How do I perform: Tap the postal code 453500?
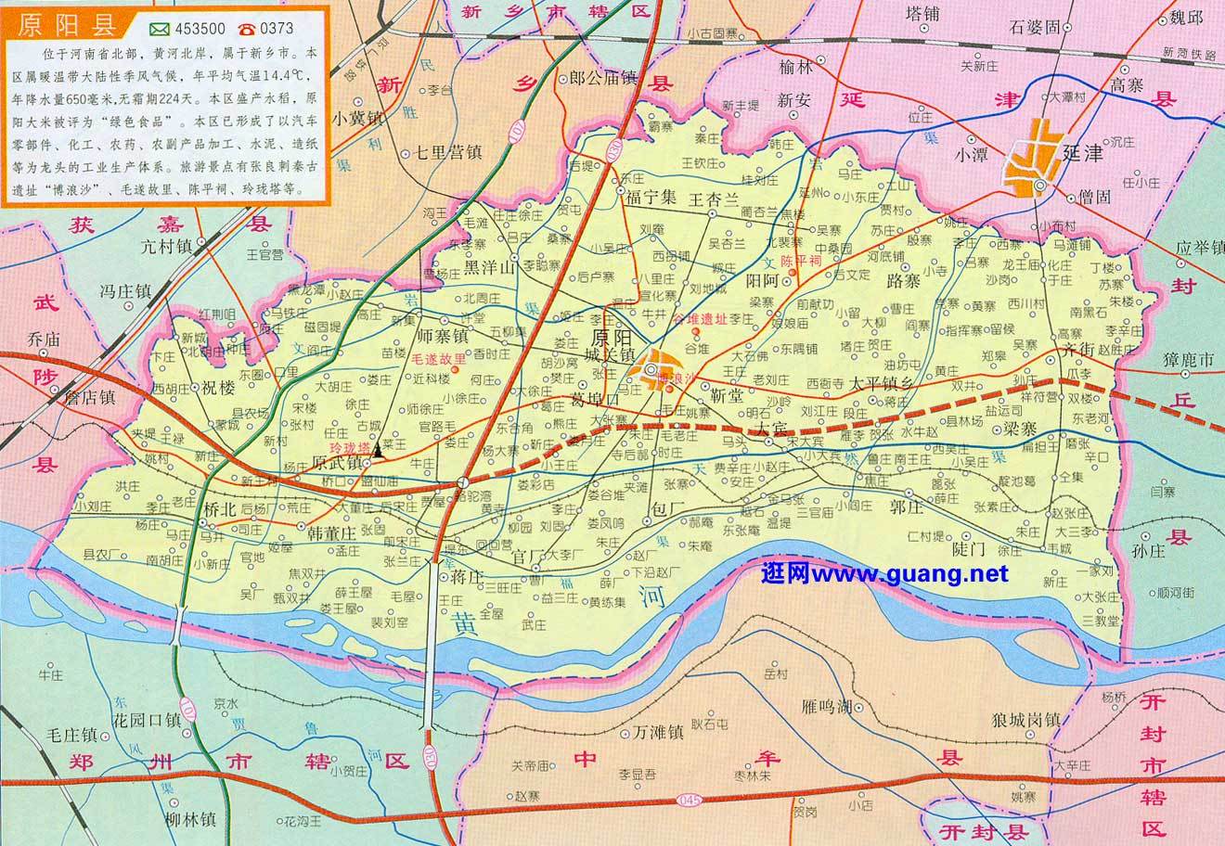coord(185,28)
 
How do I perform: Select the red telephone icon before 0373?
coord(246,28)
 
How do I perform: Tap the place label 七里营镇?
coord(445,153)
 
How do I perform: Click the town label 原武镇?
coord(335,461)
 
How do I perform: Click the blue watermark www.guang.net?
coord(883,574)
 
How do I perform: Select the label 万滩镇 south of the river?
coord(658,733)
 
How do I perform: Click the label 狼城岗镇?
coord(1025,720)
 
